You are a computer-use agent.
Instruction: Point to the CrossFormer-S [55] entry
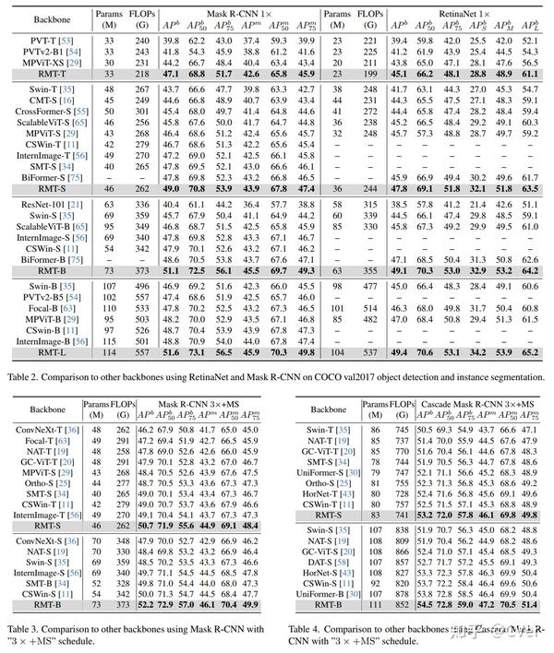[x=54, y=112]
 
